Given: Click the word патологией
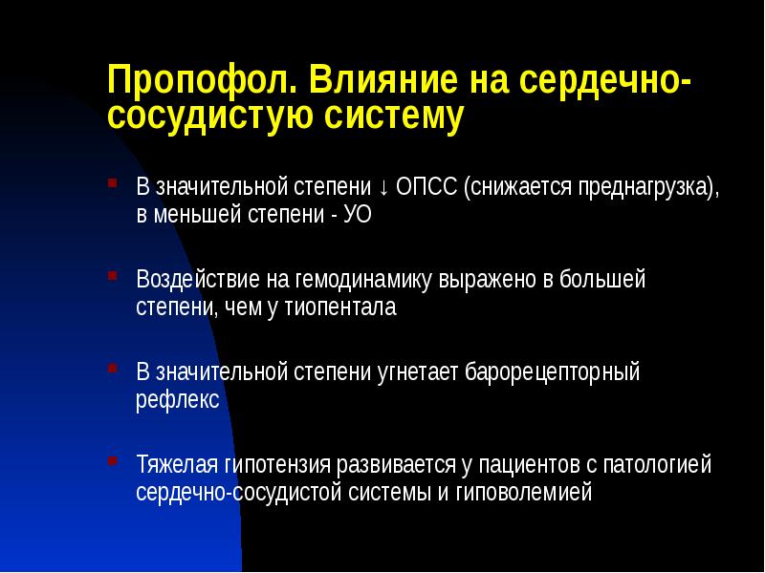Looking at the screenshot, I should (658, 465).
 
